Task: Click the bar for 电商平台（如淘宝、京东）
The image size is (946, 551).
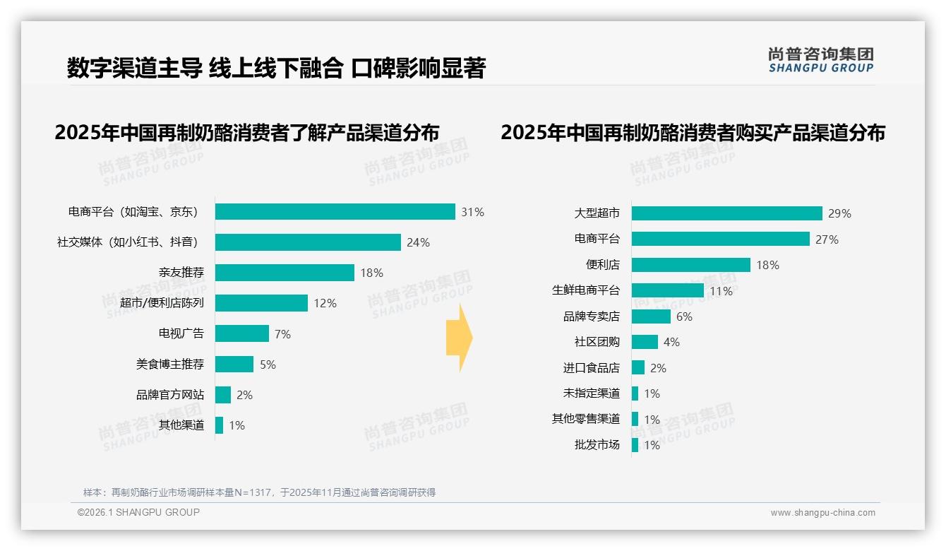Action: tap(335, 212)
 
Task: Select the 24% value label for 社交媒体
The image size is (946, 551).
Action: tap(418, 242)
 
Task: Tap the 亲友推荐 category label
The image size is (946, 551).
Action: tap(181, 273)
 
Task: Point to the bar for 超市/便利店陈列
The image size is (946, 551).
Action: tap(261, 303)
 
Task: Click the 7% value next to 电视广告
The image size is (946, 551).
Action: tap(282, 334)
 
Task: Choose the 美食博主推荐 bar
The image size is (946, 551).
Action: tap(234, 365)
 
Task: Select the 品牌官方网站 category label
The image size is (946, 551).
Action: tap(169, 395)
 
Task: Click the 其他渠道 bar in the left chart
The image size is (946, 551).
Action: tap(219, 425)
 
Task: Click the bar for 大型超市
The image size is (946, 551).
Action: tap(726, 213)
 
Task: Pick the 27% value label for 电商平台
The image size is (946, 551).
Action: tap(827, 239)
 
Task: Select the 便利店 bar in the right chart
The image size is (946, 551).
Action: tap(690, 265)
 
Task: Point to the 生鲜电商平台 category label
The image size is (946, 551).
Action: tap(585, 290)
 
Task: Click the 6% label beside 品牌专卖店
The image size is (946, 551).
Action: tap(684, 316)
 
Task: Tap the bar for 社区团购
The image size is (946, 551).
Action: tap(645, 342)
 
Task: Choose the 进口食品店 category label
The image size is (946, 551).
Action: tap(591, 368)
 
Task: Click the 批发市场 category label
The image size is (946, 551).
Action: tap(597, 445)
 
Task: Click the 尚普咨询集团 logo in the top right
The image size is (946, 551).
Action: tap(820, 60)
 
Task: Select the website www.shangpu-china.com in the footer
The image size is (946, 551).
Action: tap(822, 513)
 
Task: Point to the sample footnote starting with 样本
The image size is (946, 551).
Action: tap(259, 492)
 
